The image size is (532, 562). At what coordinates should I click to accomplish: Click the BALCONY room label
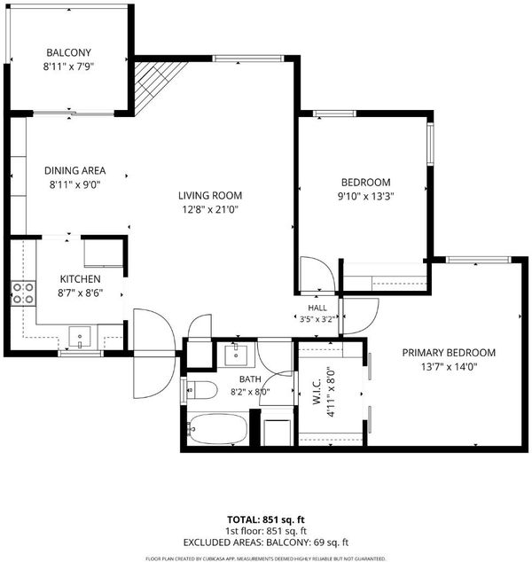point(68,52)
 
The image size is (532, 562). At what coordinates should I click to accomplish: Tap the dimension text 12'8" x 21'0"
point(210,209)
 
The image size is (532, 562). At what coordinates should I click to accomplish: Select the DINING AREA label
point(75,170)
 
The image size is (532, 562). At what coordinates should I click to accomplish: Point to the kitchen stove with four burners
point(23,293)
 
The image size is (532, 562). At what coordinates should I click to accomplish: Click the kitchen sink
point(80,337)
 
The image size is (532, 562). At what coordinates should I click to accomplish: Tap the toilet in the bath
point(202,390)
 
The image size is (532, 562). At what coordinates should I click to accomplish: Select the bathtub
point(218,429)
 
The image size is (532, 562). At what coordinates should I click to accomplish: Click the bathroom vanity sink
point(236,355)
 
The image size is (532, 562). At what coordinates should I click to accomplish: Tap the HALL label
point(317,308)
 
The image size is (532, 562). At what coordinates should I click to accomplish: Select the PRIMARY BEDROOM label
point(449,353)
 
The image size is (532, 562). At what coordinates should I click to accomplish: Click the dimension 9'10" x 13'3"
point(366,197)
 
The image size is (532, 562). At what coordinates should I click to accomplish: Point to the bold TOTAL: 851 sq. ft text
point(266,519)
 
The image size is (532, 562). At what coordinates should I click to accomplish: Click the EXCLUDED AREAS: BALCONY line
point(266,542)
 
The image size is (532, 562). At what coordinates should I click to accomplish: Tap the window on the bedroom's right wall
point(430,144)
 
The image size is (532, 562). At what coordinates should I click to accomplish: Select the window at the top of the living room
point(248,59)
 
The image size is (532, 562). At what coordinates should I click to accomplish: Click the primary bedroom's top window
point(479,260)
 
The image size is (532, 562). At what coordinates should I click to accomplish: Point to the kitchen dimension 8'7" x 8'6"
point(81,293)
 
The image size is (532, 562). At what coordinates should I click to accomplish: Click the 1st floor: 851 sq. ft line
point(266,531)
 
